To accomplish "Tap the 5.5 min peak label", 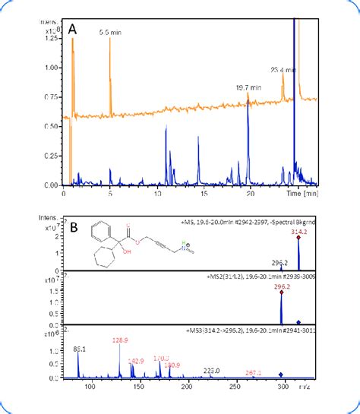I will tap(111, 33).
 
